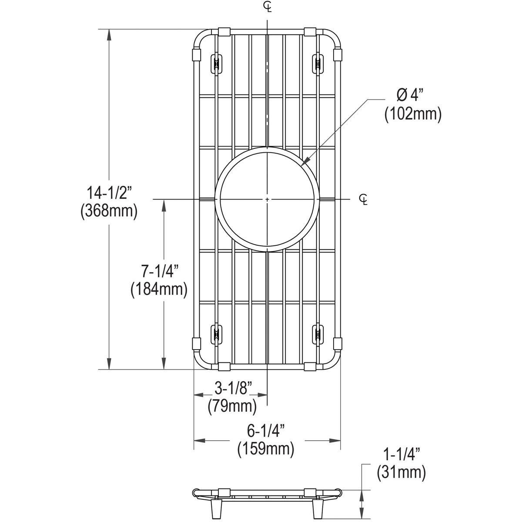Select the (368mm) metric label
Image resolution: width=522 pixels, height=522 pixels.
coord(109,211)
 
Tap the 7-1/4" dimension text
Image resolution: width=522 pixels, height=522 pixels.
coord(160,272)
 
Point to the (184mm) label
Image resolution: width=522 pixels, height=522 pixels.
coord(159,289)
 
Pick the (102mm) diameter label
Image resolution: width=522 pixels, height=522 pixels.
coord(413,114)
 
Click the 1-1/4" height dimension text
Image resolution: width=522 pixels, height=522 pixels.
coord(401,455)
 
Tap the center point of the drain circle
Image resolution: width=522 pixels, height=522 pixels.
coord(267,199)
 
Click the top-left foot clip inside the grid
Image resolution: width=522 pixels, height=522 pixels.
coord(215,63)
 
